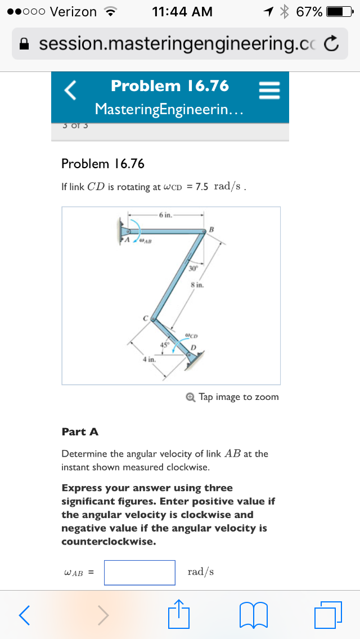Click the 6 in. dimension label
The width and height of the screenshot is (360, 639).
(x=166, y=215)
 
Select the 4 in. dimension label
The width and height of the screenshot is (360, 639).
(x=148, y=358)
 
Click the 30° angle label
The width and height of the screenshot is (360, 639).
(x=193, y=268)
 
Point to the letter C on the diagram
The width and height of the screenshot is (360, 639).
(x=145, y=318)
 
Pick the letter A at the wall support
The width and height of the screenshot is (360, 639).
(x=127, y=240)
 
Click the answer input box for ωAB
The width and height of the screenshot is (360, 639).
(x=139, y=572)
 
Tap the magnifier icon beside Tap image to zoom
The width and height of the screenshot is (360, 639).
(x=191, y=397)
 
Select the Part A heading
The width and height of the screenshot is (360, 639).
(x=80, y=432)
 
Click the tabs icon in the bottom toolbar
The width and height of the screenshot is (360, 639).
(x=328, y=615)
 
